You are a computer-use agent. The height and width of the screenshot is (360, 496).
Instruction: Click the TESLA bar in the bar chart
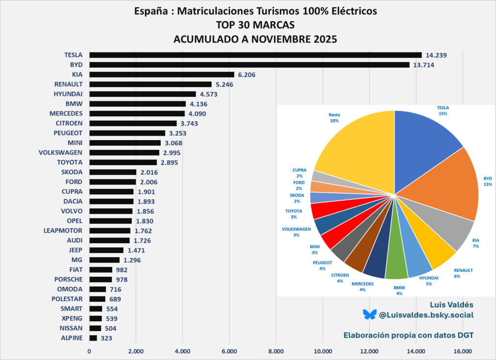tap(255, 55)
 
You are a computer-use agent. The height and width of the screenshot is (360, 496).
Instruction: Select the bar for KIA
tap(162, 75)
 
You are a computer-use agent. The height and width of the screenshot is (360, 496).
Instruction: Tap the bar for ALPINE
tap(93, 338)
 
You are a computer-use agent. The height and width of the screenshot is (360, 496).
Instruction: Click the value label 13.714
tap(423, 65)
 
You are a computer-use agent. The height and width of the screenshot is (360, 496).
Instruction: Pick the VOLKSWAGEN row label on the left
tap(61, 153)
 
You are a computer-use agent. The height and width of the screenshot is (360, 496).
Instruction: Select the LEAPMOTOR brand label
tap(62, 231)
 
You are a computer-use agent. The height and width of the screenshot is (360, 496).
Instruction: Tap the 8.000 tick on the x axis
tap(276, 351)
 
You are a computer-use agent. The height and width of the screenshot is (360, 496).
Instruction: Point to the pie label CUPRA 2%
tap(299, 172)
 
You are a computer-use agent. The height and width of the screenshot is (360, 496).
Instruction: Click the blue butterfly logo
tap(369, 314)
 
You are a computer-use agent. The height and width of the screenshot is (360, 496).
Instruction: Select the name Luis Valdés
tap(452, 304)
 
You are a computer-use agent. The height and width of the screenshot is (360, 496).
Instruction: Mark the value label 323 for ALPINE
tap(107, 338)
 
